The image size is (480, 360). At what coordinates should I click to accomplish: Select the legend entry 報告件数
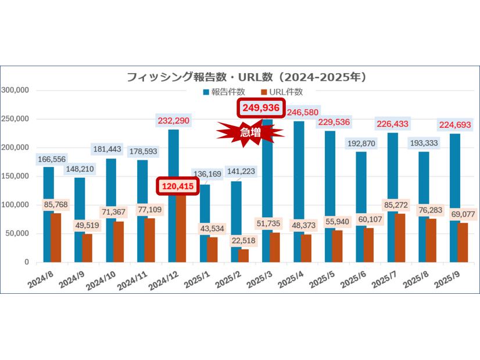click(224, 92)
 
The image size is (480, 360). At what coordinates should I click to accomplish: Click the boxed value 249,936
click(261, 109)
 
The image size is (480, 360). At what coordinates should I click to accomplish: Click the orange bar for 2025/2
click(243, 255)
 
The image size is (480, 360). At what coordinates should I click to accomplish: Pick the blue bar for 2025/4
click(298, 192)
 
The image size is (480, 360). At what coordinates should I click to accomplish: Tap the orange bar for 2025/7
click(400, 238)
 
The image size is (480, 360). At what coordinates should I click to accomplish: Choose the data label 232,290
click(173, 121)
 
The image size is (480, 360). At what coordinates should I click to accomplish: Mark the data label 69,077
click(463, 214)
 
